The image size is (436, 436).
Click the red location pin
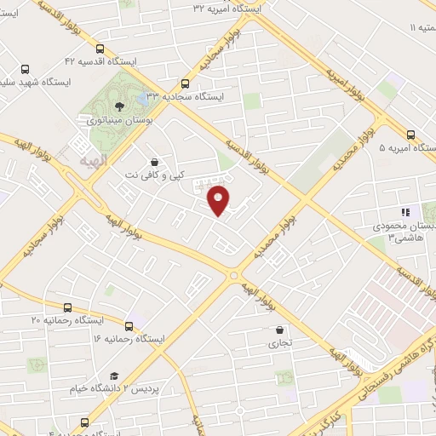pos(220,202)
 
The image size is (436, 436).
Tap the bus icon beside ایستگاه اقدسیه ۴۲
pos(101,49)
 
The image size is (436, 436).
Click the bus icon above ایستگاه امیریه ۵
pos(411,134)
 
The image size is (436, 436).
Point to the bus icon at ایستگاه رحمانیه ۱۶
pos(129,325)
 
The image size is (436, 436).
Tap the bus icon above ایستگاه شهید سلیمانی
pos(24,69)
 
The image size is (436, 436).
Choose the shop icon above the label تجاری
pos(279,330)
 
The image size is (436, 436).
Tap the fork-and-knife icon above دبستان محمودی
pos(405,212)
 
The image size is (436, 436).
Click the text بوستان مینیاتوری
pos(122,120)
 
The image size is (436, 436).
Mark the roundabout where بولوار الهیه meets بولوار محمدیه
pos(233,274)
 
